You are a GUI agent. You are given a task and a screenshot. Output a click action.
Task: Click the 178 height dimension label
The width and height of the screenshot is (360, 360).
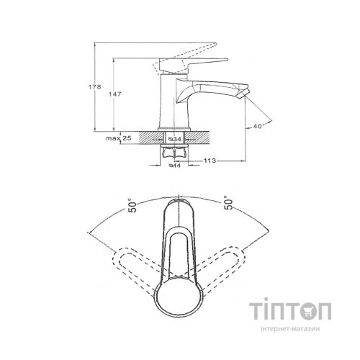click(95, 87)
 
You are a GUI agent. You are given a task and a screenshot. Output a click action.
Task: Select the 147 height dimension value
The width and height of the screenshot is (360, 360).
click(115, 94)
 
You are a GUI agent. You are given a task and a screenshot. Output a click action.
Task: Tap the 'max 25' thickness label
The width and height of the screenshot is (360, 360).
click(119, 138)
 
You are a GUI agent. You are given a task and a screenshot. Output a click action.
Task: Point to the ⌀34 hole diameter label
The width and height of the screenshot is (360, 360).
click(175, 139)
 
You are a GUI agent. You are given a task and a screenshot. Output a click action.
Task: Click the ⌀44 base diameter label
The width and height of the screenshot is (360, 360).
click(174, 166)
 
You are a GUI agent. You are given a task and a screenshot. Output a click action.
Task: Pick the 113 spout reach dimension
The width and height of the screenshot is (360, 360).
click(210, 161)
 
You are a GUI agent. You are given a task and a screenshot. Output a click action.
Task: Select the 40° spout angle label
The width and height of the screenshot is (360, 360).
click(258, 126)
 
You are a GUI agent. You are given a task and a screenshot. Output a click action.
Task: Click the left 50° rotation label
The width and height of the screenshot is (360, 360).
click(132, 205)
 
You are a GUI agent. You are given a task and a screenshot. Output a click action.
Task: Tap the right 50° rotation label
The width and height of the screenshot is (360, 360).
click(229, 203)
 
